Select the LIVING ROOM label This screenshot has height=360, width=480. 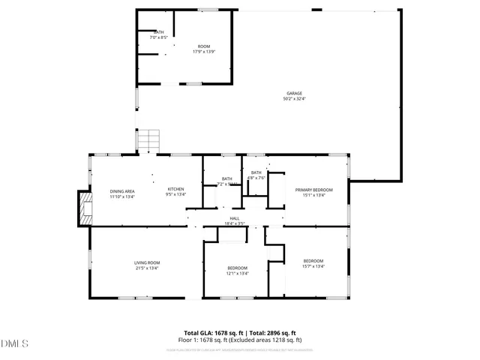point(147,262)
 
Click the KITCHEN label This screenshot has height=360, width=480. point(175,189)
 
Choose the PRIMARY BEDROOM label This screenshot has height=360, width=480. point(313,190)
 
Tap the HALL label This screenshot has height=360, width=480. point(235,217)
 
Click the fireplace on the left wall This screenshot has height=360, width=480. point(84,205)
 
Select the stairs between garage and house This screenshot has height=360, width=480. point(150,139)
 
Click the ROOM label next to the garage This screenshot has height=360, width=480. point(204,46)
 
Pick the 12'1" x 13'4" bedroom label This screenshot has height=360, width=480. point(237,273)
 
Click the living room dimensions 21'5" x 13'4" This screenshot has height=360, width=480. point(147,268)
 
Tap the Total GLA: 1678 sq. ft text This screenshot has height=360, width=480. point(210,332)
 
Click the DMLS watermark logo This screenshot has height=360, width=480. point(13,343)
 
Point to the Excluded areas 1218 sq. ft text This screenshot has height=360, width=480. point(269,340)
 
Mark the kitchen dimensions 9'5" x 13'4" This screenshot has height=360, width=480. point(175,195)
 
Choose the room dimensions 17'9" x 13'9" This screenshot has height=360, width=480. point(204,52)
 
